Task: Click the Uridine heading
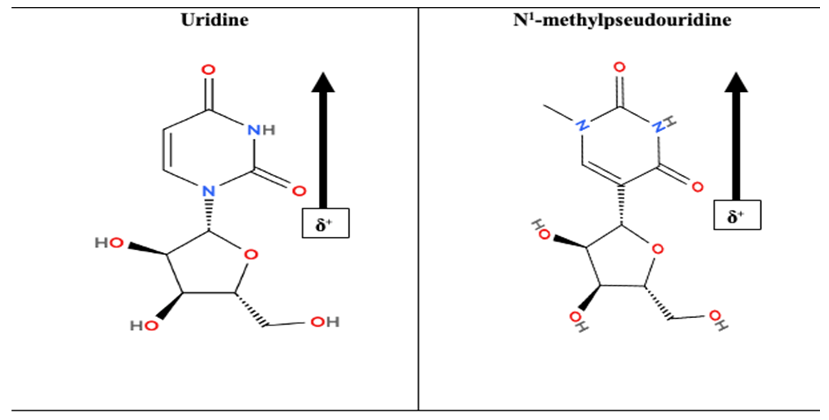point(215,20)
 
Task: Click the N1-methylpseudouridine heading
point(622,20)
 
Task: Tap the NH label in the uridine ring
point(261,130)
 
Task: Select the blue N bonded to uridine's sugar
point(209,191)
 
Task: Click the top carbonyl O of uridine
point(208,70)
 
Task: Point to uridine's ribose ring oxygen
point(251,255)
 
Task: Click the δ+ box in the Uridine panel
point(326,223)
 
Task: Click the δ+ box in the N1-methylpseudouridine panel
point(737,215)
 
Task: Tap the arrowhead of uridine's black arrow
point(323,82)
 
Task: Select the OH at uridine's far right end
point(325,322)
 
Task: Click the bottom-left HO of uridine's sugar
point(144,326)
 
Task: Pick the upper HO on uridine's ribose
point(109,243)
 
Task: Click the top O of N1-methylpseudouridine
point(619,67)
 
